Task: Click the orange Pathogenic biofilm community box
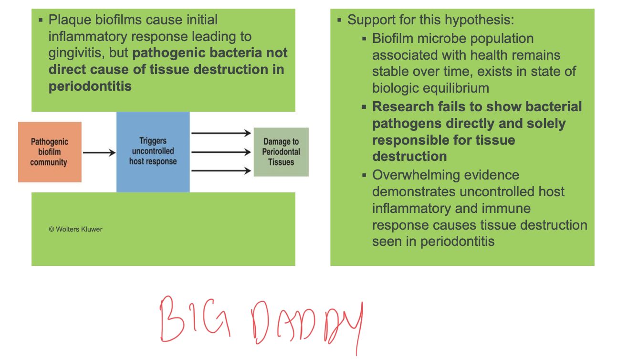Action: (50, 152)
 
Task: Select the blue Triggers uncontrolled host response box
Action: (153, 152)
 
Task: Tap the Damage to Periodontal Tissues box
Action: (281, 152)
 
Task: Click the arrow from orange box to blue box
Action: (99, 153)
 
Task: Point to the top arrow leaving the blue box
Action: (221, 133)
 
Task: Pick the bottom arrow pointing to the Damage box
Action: (221, 170)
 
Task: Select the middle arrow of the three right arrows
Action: (221, 152)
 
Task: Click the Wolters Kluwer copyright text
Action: (76, 229)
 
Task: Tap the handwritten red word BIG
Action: (195, 319)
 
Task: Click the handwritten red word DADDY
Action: (307, 326)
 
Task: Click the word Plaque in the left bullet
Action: (70, 20)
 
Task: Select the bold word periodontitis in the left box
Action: (90, 86)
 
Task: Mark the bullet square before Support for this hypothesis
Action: (339, 20)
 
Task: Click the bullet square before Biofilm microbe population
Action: (364, 39)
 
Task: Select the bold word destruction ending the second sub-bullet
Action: (409, 156)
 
